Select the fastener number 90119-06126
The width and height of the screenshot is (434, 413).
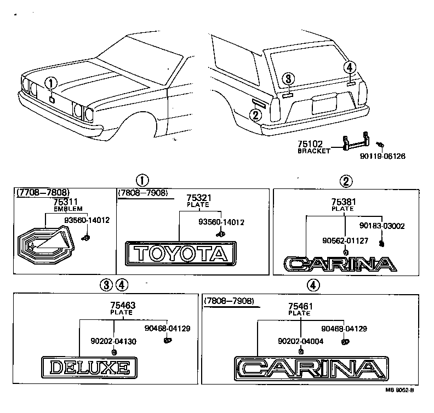click(382, 156)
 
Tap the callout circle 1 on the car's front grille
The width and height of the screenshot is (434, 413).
click(51, 83)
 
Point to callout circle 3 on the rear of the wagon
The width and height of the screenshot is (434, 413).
click(289, 79)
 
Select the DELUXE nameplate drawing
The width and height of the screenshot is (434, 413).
click(89, 366)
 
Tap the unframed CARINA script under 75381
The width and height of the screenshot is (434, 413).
click(340, 265)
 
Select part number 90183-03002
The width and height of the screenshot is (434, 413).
click(382, 225)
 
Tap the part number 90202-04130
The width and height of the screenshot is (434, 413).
click(113, 341)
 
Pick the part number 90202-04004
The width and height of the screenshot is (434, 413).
click(300, 341)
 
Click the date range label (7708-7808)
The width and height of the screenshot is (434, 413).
click(43, 192)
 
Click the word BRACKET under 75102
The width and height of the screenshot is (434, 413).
click(314, 151)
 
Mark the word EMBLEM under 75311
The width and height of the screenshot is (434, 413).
click(67, 209)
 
